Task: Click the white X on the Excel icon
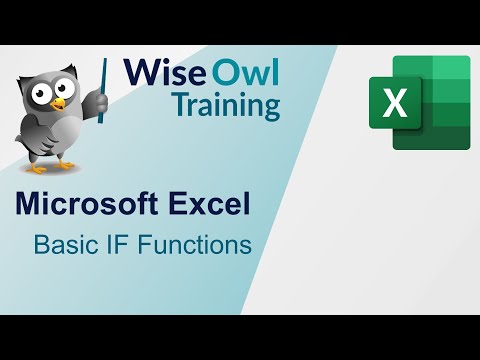point(395,104)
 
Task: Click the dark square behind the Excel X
point(395,104)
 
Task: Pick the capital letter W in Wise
point(138,74)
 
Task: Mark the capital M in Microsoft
point(29,206)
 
